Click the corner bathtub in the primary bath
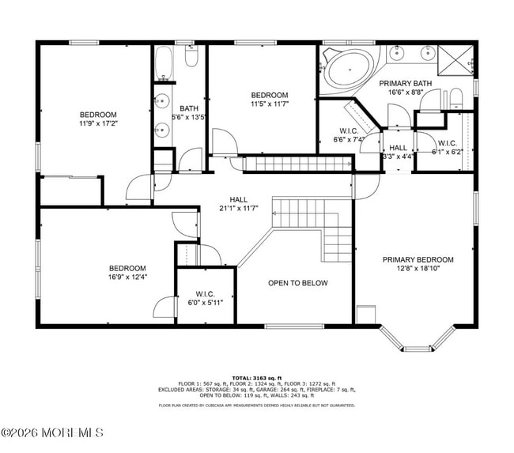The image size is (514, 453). click(348, 70)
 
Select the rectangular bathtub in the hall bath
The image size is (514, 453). click(165, 63)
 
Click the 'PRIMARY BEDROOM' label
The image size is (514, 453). click(418, 259)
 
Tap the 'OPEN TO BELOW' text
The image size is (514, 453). click(297, 283)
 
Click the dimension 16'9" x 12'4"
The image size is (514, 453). click(127, 277)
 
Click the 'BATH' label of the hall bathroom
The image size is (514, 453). click(189, 109)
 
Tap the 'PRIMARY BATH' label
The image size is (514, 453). click(405, 83)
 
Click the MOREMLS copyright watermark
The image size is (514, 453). click(52, 432)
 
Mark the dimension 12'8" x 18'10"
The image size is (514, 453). click(418, 269)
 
